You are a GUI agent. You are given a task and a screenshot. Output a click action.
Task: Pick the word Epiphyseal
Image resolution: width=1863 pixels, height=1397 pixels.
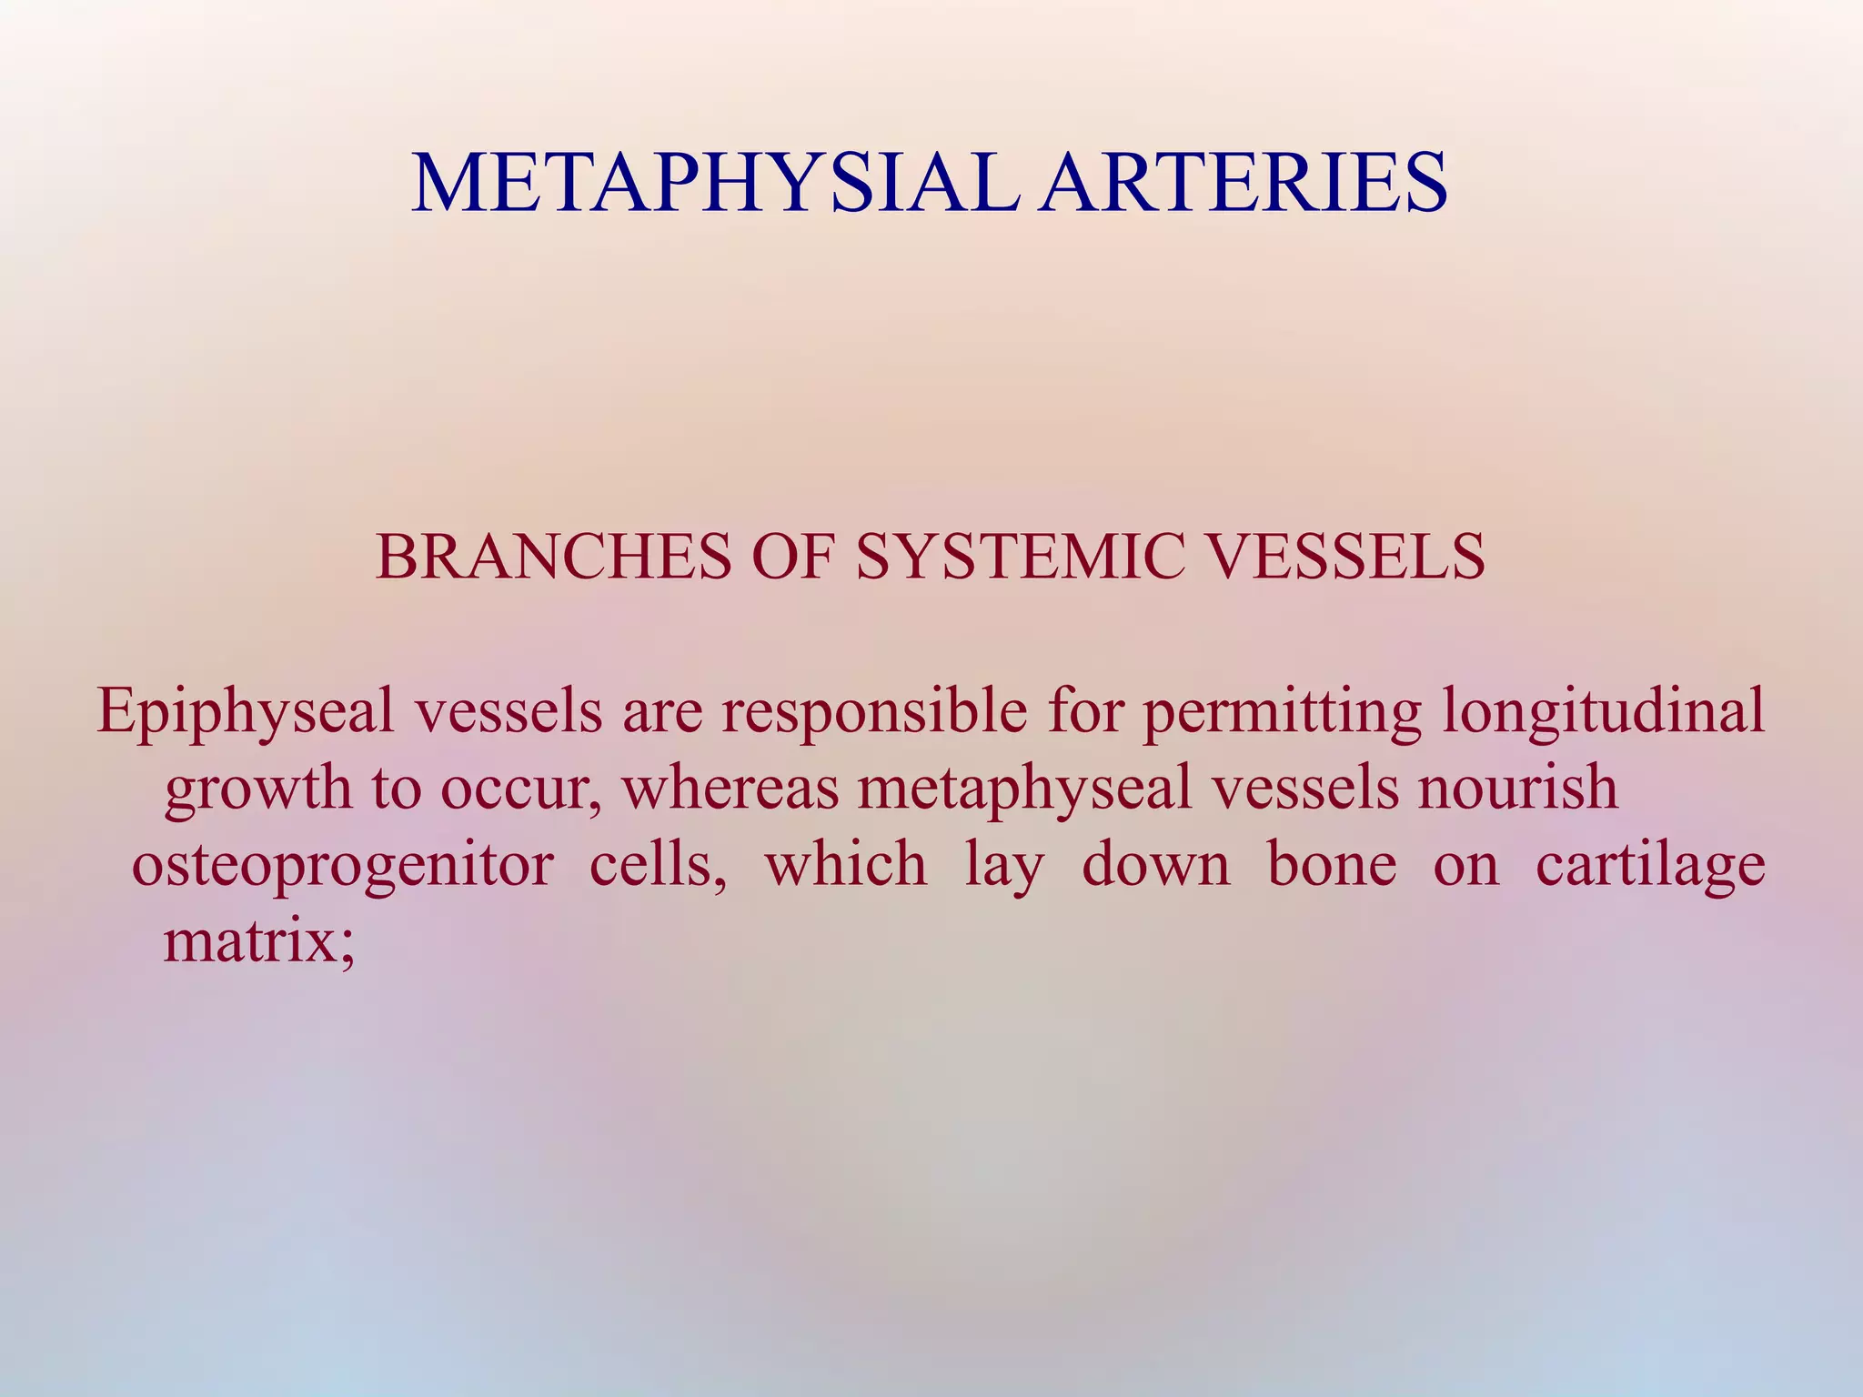[x=246, y=712]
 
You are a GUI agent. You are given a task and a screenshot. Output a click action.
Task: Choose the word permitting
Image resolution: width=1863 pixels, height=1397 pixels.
[x=1282, y=712]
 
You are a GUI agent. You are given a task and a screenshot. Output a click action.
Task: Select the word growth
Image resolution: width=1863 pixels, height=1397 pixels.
[x=257, y=789]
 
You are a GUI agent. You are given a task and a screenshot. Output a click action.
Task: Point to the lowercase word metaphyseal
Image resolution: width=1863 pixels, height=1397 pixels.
[x=1024, y=789]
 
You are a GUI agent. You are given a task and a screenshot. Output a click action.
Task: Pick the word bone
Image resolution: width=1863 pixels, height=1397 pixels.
[x=1332, y=864]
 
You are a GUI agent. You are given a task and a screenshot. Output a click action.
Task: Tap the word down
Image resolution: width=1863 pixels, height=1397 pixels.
[x=1155, y=864]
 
